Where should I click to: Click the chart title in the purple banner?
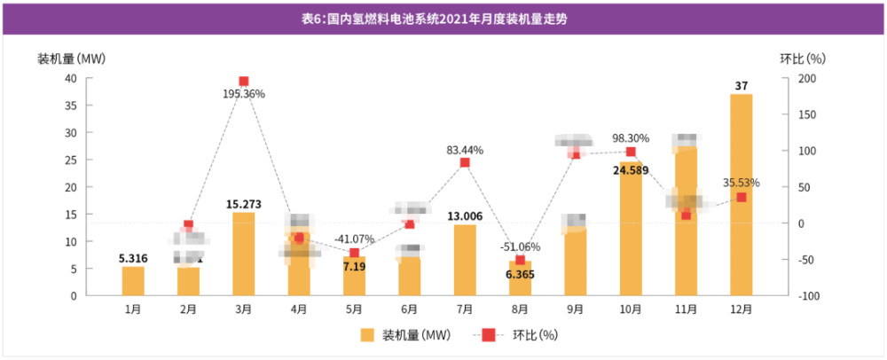pos(443,17)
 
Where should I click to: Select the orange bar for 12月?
pos(742,195)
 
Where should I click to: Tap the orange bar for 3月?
pos(243,254)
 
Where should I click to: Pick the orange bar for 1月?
pos(133,280)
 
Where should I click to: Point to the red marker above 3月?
pos(244,82)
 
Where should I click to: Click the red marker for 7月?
pos(465,162)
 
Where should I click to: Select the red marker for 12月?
pos(742,197)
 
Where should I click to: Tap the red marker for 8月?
pos(520,260)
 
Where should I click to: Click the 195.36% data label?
pos(244,94)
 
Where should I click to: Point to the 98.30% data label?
pos(631,138)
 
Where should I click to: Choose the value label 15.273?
pos(243,204)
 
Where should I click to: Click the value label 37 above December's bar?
pos(742,85)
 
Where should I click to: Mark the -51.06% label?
pos(520,247)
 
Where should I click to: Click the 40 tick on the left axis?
pos(69,78)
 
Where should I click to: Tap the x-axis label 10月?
pos(631,309)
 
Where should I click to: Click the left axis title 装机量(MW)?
pos(71,59)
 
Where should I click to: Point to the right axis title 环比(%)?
pos(803,59)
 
